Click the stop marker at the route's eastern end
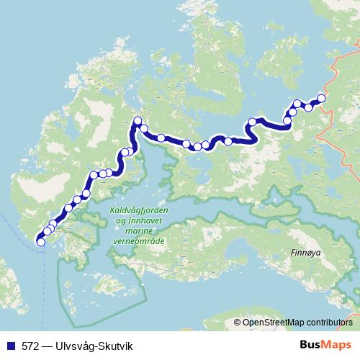coord(321,99)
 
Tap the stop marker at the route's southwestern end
coord(40,242)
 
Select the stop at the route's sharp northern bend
coord(137,120)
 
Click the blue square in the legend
coord(8,346)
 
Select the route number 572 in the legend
coord(30,346)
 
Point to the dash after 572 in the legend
coord(46,346)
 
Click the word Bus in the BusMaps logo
coord(310,346)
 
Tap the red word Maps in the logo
coord(336,346)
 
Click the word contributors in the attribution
coord(328,323)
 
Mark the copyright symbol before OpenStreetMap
coord(238,323)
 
